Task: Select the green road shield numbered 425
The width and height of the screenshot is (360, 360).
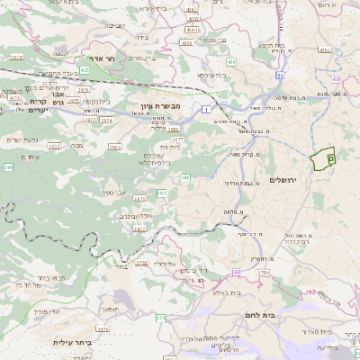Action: (84, 68)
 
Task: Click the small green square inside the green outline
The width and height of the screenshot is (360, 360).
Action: (330, 157)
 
